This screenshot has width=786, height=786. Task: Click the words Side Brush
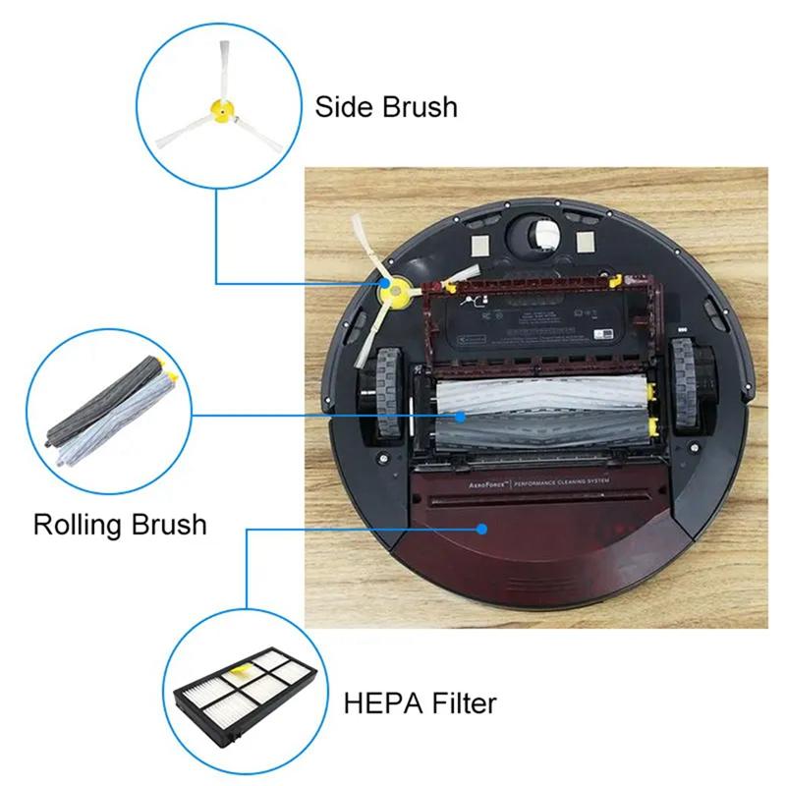coord(385,106)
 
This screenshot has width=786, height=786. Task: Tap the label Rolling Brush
coord(120,523)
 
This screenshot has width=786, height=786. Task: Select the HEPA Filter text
coord(420,702)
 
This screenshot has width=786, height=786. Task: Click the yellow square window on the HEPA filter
coord(238,675)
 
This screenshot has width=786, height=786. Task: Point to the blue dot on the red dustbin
coord(482,528)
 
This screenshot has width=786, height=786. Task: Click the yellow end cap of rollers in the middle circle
coord(169,372)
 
